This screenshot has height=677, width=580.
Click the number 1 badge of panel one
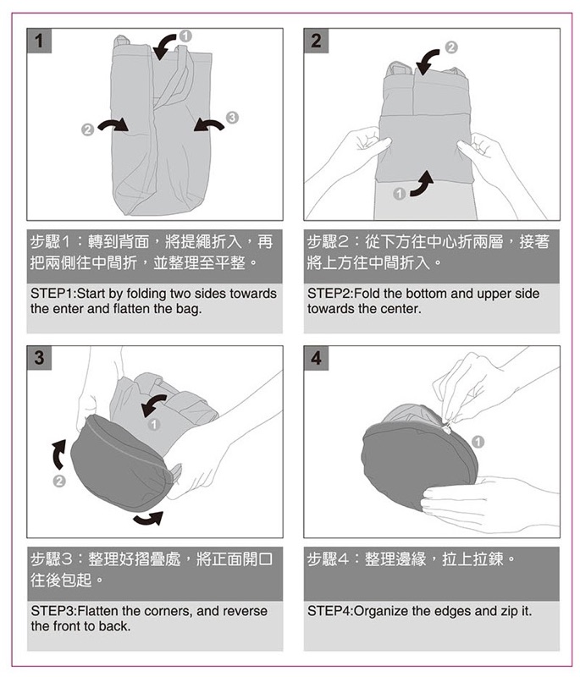point(39,41)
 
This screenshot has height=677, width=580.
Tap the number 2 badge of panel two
point(316,41)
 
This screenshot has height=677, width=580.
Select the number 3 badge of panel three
point(39,358)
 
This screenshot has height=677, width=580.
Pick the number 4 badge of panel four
point(316,358)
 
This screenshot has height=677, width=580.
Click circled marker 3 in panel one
point(232,117)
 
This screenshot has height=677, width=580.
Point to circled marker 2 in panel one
point(88,129)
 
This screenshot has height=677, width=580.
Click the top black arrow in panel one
point(163,47)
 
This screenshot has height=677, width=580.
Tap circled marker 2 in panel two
point(450,47)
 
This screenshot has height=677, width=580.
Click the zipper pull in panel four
point(449,427)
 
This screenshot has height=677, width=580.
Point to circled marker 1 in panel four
point(478,442)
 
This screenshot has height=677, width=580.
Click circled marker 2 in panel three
point(59,481)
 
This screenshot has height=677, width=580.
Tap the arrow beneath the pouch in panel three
point(148,519)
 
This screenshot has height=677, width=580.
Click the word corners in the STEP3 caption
point(168,611)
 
